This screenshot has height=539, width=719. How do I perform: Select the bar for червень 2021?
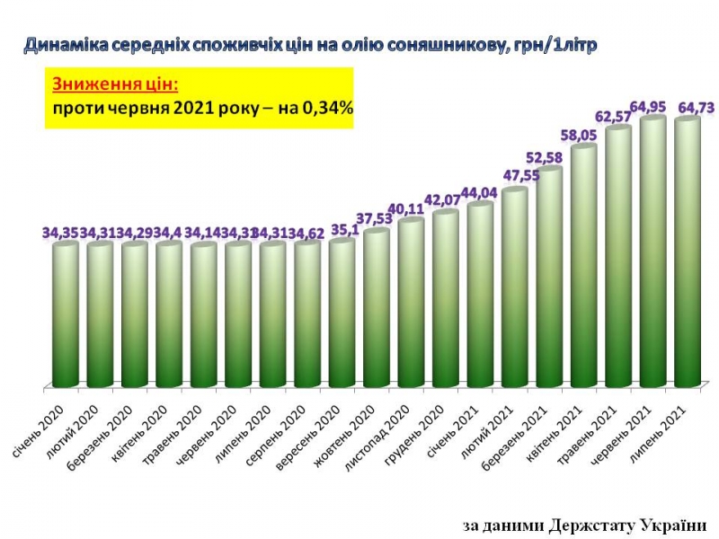pyautogui.click(x=652, y=252)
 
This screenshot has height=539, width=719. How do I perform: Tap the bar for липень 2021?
pyautogui.click(x=688, y=252)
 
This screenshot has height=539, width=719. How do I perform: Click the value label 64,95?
pyautogui.click(x=652, y=108)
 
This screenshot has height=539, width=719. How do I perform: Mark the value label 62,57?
pyautogui.click(x=617, y=116)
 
